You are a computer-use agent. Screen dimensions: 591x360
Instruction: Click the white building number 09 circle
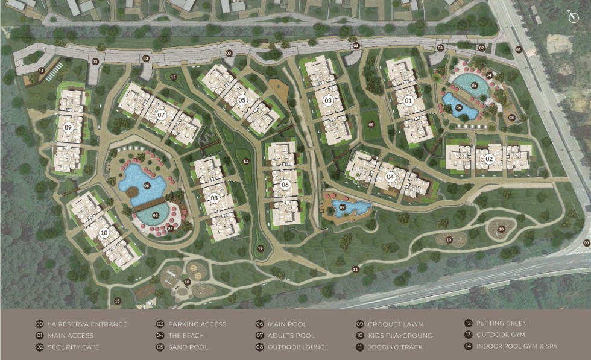point(68,127)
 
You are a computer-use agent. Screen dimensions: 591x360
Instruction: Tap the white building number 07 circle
point(161,114)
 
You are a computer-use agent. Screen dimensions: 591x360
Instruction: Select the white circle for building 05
point(241,99)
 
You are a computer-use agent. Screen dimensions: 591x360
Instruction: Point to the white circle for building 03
point(327,100)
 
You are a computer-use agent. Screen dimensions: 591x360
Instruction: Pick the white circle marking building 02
point(489,159)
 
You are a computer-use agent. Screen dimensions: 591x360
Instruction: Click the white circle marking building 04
point(390,177)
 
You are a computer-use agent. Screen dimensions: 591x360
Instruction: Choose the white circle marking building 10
point(103,232)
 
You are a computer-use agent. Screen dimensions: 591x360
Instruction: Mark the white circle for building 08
point(214,197)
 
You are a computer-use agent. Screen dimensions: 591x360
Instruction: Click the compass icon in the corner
point(574,17)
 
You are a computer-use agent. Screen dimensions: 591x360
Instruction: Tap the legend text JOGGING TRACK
point(395,347)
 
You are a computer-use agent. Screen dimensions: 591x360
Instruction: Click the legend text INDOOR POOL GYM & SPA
point(517,346)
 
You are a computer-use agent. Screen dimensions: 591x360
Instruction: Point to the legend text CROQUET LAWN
point(395,324)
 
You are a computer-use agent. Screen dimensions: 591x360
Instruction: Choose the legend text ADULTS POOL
point(291,335)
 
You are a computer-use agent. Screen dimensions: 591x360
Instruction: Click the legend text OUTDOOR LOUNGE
point(298,347)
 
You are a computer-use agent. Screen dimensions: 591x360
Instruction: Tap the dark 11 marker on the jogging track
point(356,269)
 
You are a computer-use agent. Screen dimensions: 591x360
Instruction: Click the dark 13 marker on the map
point(116,300)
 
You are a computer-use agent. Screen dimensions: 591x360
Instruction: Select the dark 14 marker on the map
point(41,71)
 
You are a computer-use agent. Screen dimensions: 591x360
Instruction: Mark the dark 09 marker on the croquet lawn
point(371,125)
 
